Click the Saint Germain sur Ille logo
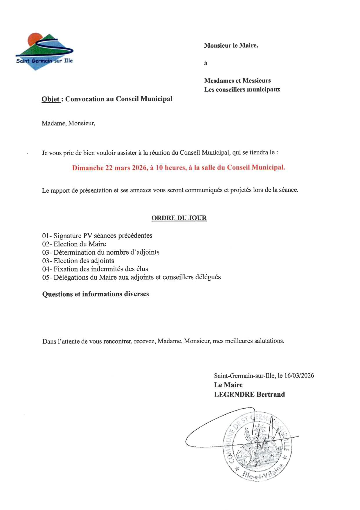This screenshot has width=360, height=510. (44, 52)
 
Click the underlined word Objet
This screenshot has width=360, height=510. (51, 99)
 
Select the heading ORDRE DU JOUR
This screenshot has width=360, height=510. (179, 218)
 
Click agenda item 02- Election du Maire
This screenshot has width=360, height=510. (74, 244)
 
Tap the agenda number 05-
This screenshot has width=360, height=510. (47, 278)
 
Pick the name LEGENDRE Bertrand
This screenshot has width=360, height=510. (249, 394)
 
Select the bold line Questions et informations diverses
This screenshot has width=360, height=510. (96, 294)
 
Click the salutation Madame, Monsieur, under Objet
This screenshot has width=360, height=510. (68, 123)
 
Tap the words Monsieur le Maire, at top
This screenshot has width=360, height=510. (231, 45)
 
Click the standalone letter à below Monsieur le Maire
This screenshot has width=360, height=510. (206, 63)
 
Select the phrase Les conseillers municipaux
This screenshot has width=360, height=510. (242, 90)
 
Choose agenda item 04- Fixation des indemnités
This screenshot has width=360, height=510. (95, 269)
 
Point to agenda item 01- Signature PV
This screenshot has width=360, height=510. (97, 236)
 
